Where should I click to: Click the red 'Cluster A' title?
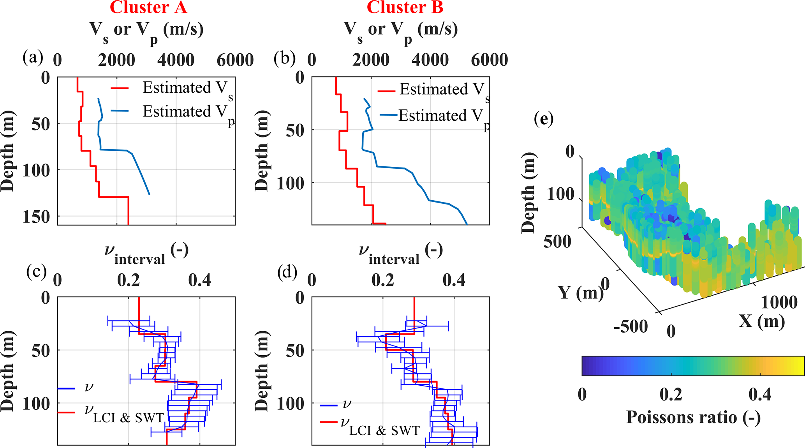point(148,7)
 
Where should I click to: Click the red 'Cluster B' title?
point(405,7)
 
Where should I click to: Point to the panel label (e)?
point(544,119)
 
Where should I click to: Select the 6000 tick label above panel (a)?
point(235,60)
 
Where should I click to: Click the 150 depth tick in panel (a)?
point(36,217)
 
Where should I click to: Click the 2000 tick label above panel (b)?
point(371,60)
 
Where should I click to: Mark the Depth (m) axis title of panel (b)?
point(262,151)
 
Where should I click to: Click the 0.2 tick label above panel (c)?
point(129,280)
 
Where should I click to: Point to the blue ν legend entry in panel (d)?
point(337,404)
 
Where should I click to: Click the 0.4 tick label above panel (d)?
point(454,280)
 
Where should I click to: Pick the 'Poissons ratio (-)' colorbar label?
point(693,417)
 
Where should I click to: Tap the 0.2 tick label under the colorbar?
point(671,394)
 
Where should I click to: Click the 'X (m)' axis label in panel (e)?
point(761,321)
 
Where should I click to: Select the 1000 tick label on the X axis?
point(779,302)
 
